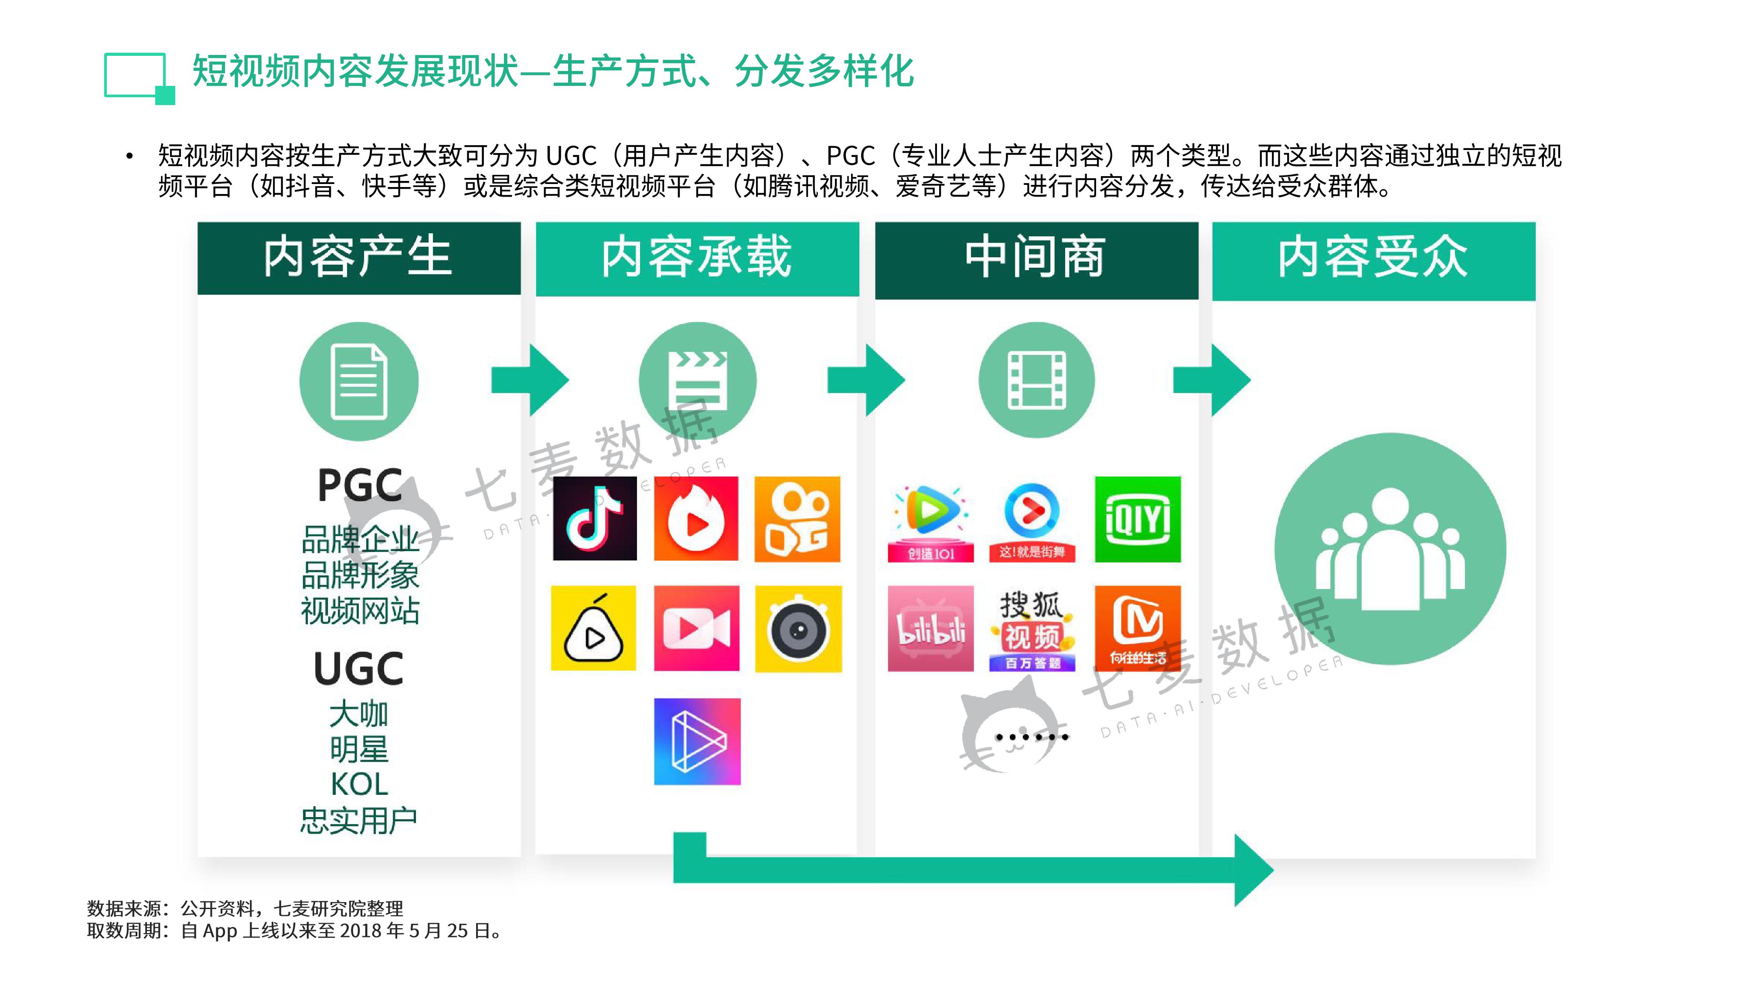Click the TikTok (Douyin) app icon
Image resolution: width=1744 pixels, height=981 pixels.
point(594,518)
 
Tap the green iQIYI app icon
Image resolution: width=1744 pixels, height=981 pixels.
point(1138,519)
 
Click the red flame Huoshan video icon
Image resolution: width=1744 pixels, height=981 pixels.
point(696,518)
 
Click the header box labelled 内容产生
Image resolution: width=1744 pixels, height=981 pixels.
point(359,258)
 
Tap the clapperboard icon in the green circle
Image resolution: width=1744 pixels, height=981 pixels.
point(697,381)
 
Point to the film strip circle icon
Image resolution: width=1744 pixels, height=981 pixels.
point(1036,380)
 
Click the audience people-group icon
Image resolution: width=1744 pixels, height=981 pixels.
point(1390,549)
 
